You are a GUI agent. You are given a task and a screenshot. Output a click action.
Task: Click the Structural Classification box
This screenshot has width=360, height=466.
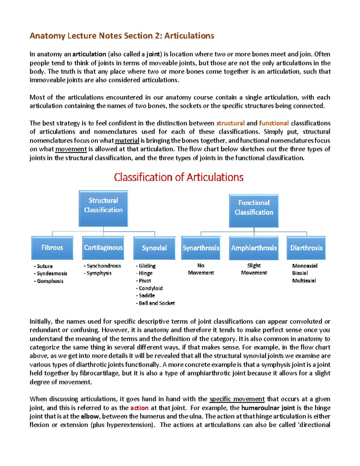click(103, 208)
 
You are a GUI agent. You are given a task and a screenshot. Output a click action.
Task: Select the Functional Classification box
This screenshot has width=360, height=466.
click(254, 210)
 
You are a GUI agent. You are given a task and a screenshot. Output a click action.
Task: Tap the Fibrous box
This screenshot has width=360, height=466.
click(52, 248)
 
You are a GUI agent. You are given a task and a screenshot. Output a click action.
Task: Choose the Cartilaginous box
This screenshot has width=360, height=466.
click(103, 248)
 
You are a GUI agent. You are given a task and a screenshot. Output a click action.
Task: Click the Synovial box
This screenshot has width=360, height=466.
click(154, 248)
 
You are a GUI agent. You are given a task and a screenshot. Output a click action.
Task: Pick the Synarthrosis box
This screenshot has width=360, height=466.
click(201, 248)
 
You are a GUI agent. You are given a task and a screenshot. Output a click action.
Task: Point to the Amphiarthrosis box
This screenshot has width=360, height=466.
click(254, 248)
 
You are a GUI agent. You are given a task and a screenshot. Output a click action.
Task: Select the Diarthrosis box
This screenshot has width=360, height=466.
click(306, 248)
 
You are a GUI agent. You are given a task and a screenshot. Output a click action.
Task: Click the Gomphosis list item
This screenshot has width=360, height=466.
click(50, 281)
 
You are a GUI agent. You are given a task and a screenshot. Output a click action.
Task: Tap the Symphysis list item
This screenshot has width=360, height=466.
click(99, 273)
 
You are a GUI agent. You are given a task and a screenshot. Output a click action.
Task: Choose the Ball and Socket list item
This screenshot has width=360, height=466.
click(156, 303)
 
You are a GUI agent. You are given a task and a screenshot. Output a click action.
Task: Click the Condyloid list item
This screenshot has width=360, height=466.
click(150, 288)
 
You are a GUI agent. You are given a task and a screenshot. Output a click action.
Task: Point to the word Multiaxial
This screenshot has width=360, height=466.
click(304, 281)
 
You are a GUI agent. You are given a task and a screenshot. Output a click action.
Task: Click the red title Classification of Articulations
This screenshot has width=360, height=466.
click(178, 177)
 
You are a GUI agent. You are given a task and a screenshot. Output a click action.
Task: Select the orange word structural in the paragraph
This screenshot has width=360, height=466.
click(230, 123)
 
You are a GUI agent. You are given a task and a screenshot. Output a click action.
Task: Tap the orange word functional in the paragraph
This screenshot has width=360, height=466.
click(274, 123)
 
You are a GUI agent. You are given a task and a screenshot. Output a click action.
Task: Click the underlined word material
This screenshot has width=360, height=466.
click(127, 141)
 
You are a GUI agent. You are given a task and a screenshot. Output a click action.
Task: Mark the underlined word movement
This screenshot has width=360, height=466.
click(71, 149)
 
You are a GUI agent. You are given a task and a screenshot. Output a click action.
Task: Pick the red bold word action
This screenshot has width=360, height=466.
click(139, 408)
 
